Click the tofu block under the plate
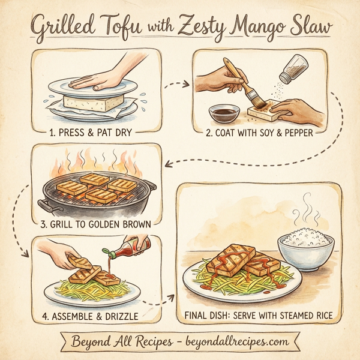pyautogui.click(x=95, y=103)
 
